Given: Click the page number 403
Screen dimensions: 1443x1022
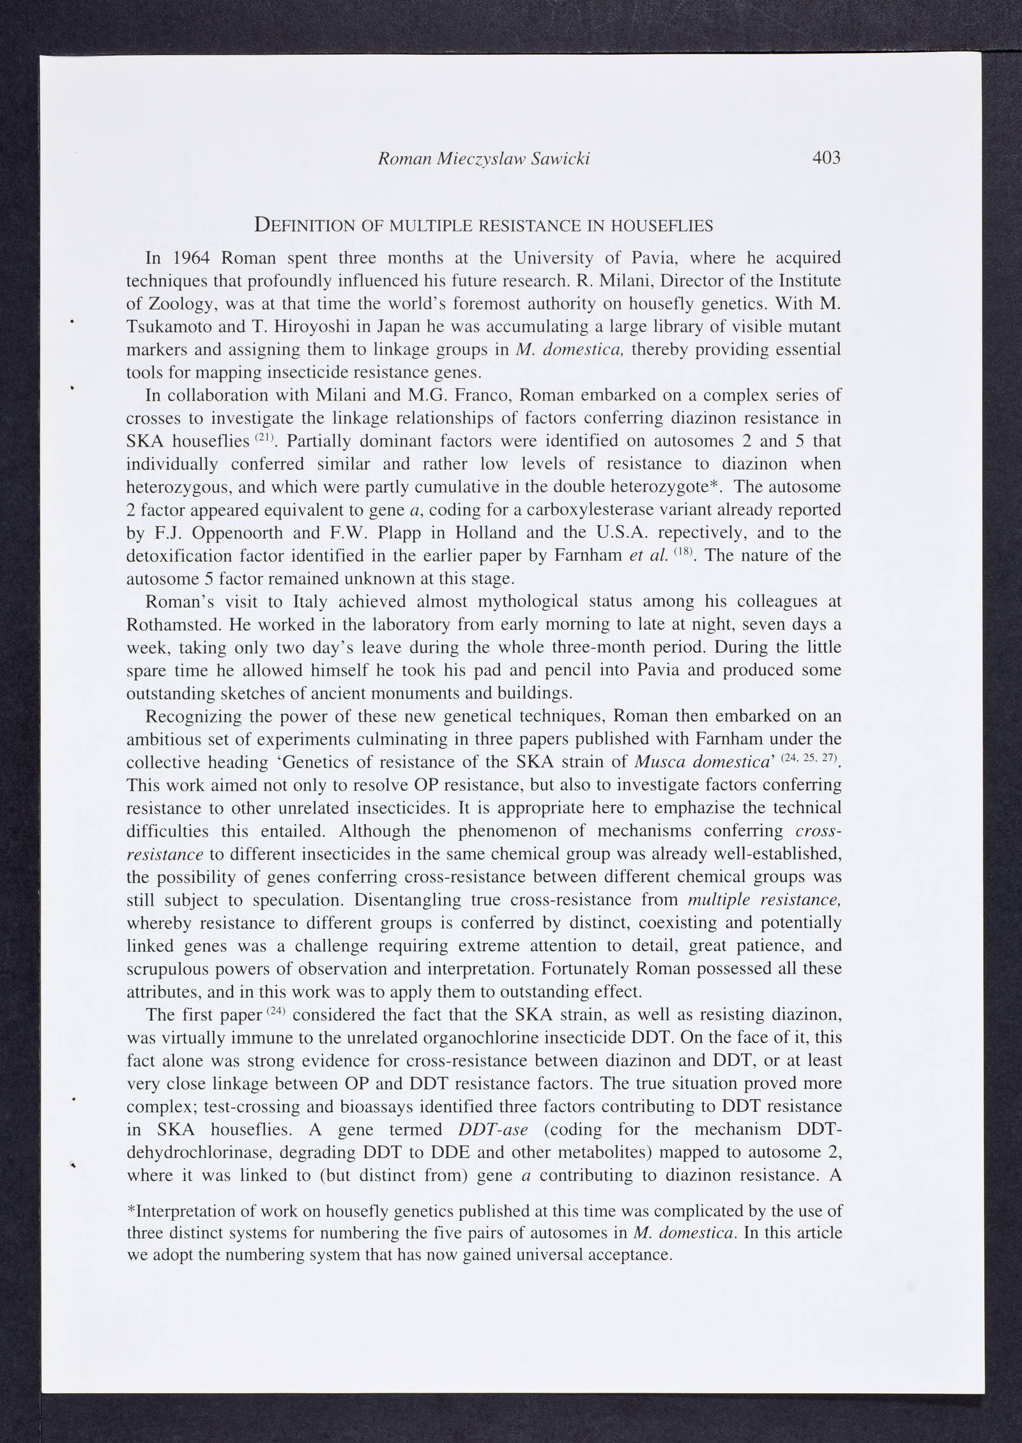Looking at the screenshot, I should pos(827,158).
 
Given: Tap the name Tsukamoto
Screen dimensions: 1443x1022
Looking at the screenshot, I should pos(167,327).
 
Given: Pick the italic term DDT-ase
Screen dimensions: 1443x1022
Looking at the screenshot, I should pos(493,1129).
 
